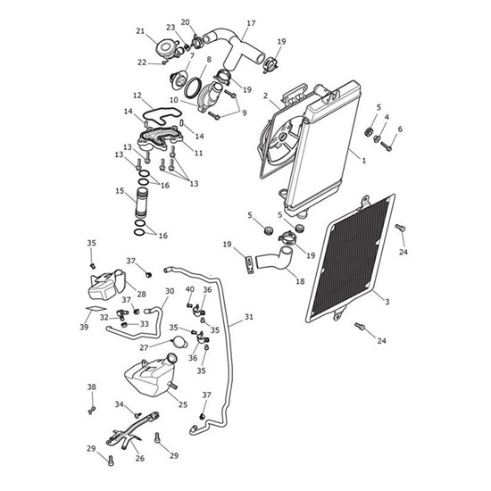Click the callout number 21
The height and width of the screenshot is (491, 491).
point(140,31)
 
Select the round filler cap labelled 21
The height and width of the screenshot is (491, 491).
point(166,49)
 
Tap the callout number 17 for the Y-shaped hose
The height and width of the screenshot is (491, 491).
point(251,23)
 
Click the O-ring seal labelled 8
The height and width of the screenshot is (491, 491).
point(193,88)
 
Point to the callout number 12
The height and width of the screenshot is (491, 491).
point(137,96)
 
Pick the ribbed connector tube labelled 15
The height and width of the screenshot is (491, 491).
point(142,203)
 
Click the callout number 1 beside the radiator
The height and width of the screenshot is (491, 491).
point(363,161)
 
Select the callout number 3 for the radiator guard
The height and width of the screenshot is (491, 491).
point(387,302)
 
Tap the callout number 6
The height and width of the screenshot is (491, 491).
point(400,129)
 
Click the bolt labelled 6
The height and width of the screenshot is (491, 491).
point(387,146)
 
